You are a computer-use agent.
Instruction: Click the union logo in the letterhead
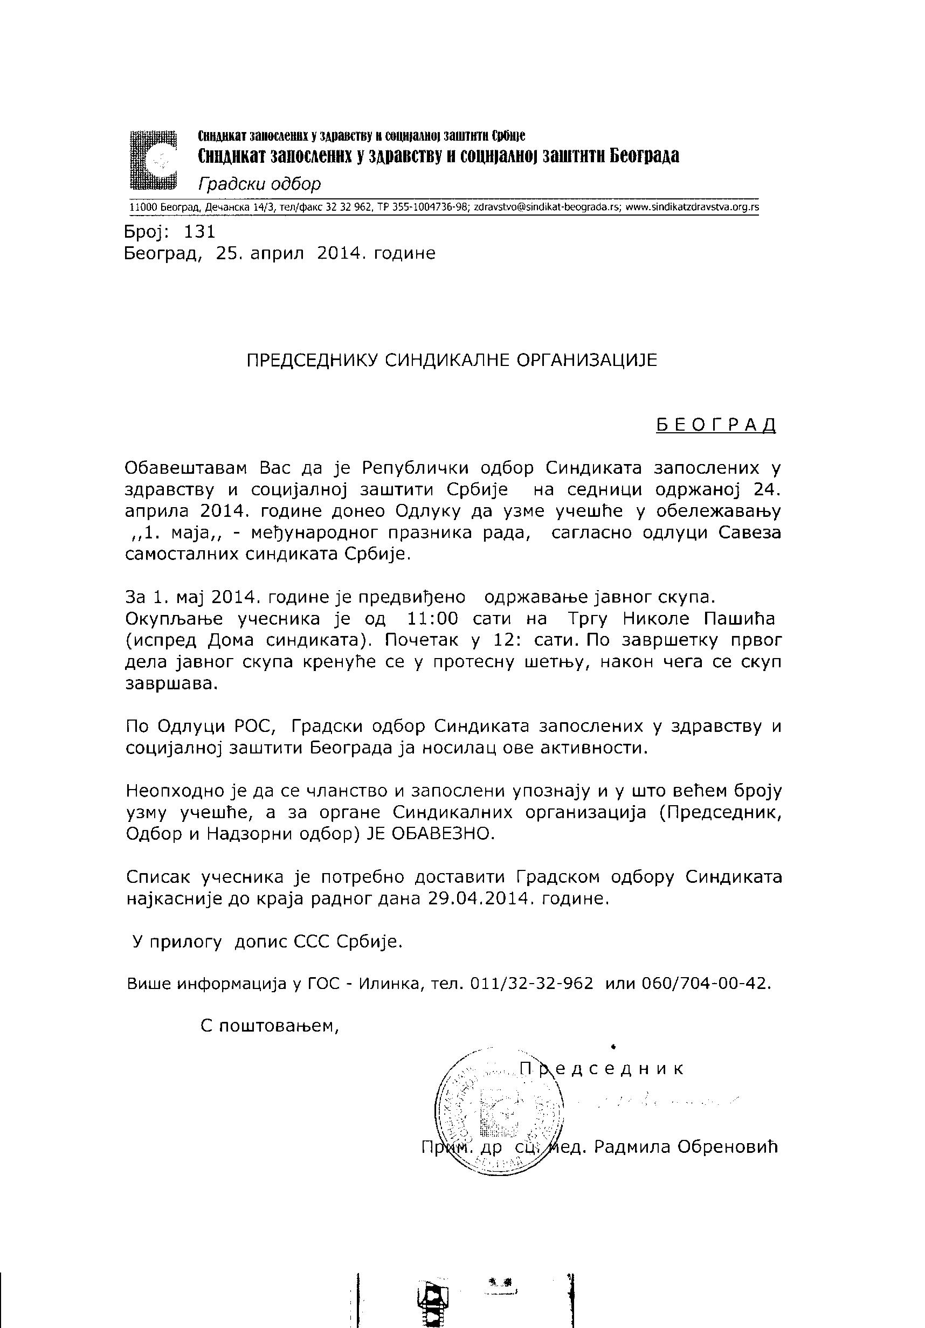pyautogui.click(x=153, y=160)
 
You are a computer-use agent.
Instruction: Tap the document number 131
pyautogui.click(x=199, y=232)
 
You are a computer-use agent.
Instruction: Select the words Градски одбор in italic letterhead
pyautogui.click(x=259, y=184)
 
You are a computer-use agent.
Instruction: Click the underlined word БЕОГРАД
pyautogui.click(x=716, y=425)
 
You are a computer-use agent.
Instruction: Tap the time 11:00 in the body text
pyautogui.click(x=433, y=619)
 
